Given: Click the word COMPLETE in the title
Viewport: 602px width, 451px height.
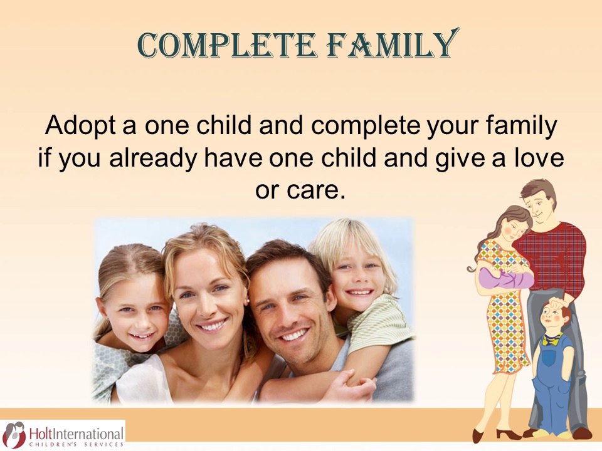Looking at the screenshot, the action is (226, 46).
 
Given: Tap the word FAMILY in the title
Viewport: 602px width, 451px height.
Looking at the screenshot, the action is (393, 44).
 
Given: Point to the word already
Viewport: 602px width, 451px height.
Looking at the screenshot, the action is (153, 158).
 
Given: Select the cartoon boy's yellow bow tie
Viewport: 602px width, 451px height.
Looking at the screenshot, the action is (552, 339).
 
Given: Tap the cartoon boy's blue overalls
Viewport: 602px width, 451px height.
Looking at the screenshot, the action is (552, 380).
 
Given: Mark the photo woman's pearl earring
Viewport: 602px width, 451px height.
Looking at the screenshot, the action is (247, 302).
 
